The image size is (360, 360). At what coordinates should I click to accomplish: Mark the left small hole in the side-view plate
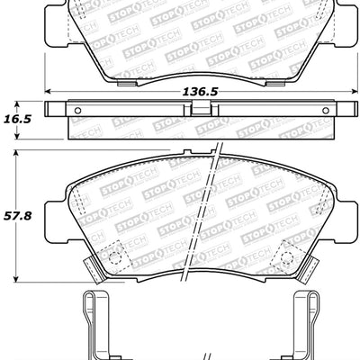[x=76, y=111]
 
